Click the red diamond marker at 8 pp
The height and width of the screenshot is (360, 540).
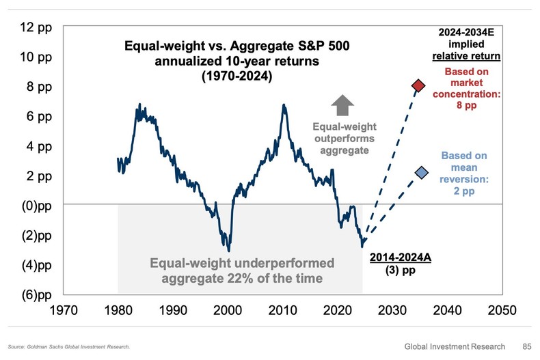pyautogui.click(x=418, y=85)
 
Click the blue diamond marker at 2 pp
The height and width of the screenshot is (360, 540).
pyautogui.click(x=422, y=173)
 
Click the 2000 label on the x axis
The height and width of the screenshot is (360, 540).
pyautogui.click(x=228, y=310)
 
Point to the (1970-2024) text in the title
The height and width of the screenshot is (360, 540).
pyautogui.click(x=232, y=77)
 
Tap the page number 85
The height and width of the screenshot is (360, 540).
pyautogui.click(x=526, y=346)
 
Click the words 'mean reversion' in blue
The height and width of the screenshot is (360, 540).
pyautogui.click(x=464, y=173)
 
